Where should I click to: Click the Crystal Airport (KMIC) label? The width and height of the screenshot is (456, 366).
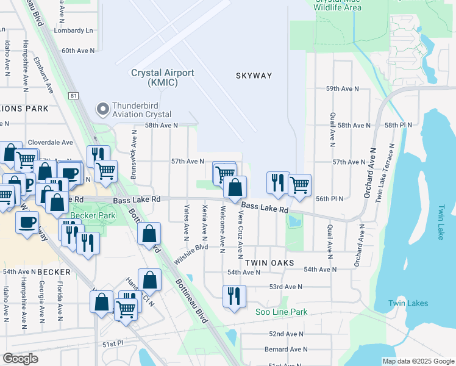tap(163, 77)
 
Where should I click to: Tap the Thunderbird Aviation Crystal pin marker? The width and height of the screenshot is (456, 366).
tap(101, 109)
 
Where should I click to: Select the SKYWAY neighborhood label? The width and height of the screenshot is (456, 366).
tap(254, 75)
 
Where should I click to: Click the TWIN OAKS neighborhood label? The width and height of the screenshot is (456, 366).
tap(269, 262)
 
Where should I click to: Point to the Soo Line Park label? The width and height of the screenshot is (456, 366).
tap(281, 312)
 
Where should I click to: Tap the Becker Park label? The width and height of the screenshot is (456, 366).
tap(93, 215)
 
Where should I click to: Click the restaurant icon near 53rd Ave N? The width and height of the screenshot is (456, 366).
tap(234, 296)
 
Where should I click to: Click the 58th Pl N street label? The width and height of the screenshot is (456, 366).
tap(399, 125)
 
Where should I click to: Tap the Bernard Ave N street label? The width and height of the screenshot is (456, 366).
tap(287, 350)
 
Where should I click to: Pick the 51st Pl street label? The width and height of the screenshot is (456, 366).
tap(112, 345)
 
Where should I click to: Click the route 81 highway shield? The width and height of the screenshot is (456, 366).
tap(74, 96)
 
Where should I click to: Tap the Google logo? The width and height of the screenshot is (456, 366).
tap(20, 359)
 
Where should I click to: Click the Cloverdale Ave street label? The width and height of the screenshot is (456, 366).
tap(51, 142)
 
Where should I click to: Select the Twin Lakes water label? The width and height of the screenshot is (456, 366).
tap(408, 303)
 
